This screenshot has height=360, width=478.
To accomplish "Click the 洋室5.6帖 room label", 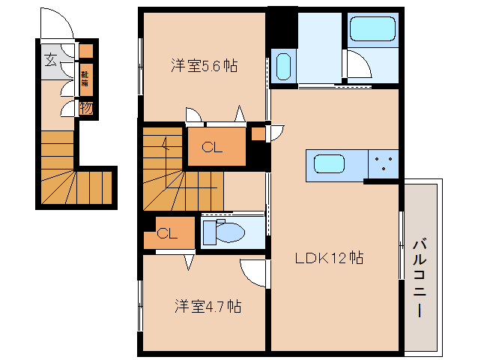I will (x=204, y=66).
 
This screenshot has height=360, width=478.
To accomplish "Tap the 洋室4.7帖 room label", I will (x=208, y=307).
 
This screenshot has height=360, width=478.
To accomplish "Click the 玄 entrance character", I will (x=49, y=61).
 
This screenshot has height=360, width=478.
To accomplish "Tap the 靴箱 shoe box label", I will (x=86, y=79).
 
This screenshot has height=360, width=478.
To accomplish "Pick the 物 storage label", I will (x=86, y=107).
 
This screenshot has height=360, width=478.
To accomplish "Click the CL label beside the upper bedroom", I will (x=214, y=148).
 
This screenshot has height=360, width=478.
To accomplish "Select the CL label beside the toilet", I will (x=167, y=233).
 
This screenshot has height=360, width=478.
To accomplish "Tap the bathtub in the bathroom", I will (x=372, y=30).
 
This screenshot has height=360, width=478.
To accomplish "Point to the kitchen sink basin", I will (x=330, y=163).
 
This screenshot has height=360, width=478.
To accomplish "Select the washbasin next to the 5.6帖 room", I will (x=282, y=67).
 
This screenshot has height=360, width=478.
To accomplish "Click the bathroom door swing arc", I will (x=358, y=64).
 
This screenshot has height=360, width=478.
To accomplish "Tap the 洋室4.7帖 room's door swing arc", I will (x=253, y=271).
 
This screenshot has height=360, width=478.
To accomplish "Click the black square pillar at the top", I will (x=282, y=25).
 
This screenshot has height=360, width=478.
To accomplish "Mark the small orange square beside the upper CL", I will (x=258, y=134).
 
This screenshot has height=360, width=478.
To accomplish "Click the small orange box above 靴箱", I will (x=86, y=52).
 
